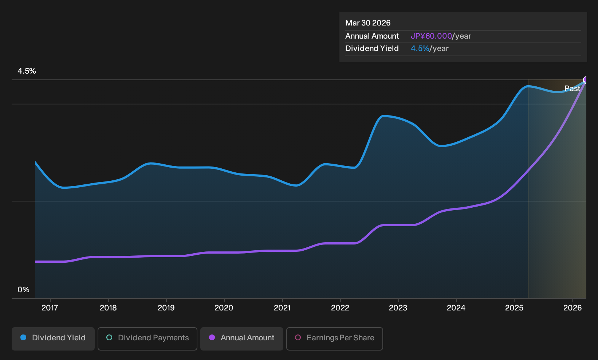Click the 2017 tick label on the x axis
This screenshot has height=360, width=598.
[x=50, y=308]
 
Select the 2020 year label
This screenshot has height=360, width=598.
[x=224, y=308]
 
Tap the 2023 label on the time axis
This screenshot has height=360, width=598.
[x=398, y=308]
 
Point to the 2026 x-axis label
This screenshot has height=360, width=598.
[x=573, y=308]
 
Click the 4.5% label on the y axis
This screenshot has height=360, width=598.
[x=27, y=71]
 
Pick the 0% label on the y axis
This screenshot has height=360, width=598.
[x=24, y=290]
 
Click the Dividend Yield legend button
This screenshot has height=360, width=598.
[x=53, y=339]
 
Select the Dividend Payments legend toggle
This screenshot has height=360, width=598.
[x=147, y=339]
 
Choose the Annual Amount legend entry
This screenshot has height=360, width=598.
[x=241, y=339]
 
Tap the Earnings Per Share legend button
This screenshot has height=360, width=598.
[x=334, y=339]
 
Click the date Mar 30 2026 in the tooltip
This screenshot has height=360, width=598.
[x=368, y=23]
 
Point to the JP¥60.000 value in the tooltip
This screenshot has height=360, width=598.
[x=431, y=36]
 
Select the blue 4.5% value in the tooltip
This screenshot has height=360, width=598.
[x=420, y=48]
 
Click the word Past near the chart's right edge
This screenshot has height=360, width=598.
[x=572, y=89]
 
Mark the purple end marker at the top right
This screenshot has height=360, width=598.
[x=586, y=79]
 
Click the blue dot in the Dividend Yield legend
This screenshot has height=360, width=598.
[x=24, y=337]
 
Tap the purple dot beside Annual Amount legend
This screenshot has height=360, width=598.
[x=212, y=337]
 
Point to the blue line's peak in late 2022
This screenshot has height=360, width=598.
[x=383, y=116]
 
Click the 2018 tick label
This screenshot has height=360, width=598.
[x=108, y=308]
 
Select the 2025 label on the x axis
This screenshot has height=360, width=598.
[x=515, y=308]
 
